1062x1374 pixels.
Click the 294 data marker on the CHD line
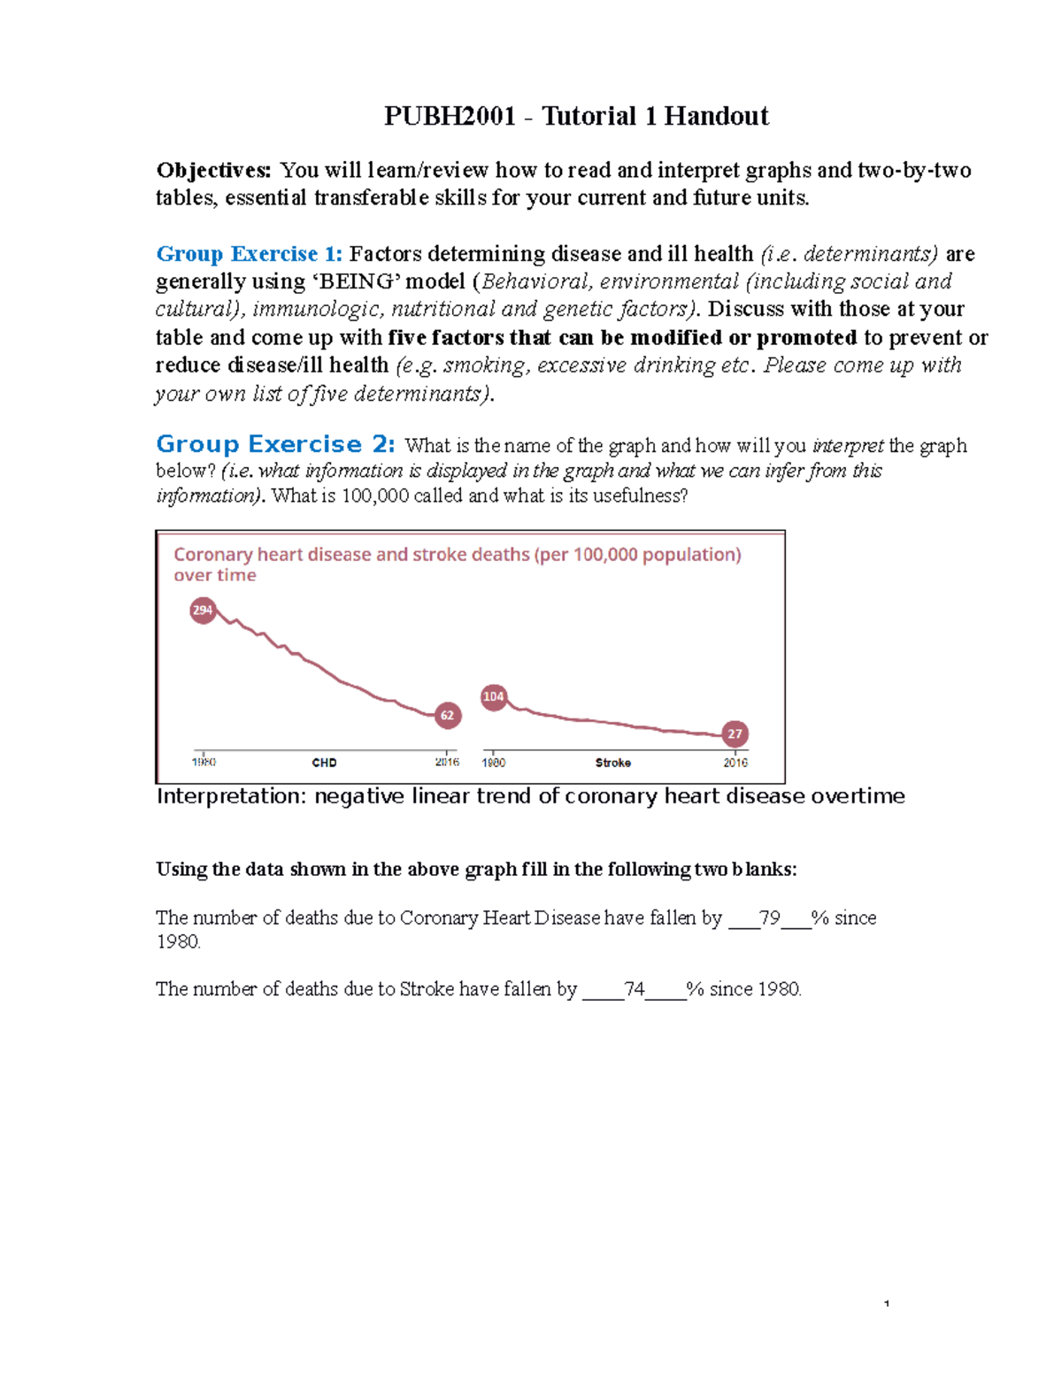pos(203,610)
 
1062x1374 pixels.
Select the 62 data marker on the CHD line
pos(448,716)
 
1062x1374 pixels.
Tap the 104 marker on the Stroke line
pos(493,697)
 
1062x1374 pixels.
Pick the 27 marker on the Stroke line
pos(735,734)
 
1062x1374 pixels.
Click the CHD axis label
pos(324,763)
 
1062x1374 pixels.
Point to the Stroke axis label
pos(612,763)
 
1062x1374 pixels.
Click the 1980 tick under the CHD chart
pos(204,762)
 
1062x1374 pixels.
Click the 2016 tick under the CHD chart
pos(447,762)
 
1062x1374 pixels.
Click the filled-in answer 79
pos(769,918)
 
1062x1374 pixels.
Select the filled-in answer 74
pos(634,989)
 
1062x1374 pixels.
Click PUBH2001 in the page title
pos(450,116)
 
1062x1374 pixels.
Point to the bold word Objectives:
pos(213,170)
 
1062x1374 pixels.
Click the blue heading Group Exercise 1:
pos(249,254)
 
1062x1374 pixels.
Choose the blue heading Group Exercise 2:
pos(275,444)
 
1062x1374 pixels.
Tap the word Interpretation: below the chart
pos(231,796)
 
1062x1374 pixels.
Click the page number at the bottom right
pos(886,1303)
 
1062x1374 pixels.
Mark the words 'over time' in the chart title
pos(215,575)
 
